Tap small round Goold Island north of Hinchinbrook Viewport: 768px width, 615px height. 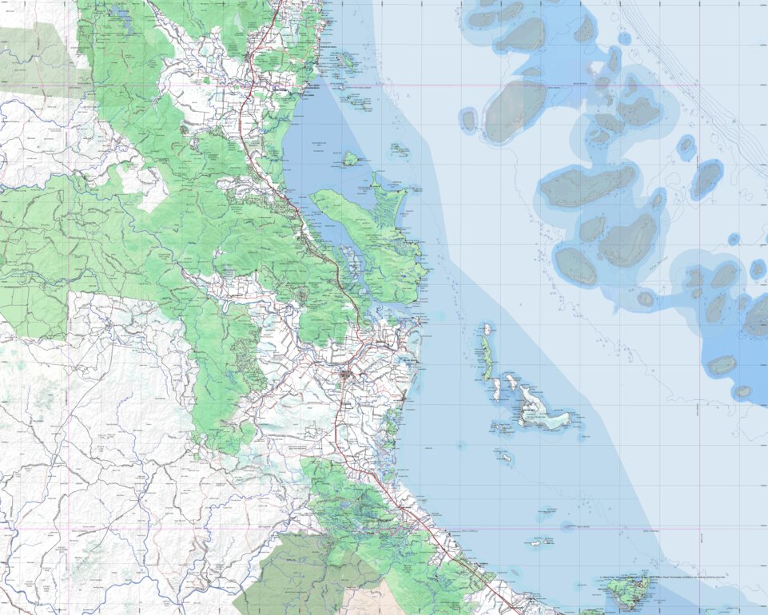[349, 159]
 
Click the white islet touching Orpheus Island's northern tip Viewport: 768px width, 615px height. [486, 328]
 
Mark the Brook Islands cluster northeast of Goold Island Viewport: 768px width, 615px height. [397, 148]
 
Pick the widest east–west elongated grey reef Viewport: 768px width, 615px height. [587, 185]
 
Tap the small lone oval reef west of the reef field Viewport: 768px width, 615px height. [468, 121]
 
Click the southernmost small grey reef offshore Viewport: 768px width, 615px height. [742, 392]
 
